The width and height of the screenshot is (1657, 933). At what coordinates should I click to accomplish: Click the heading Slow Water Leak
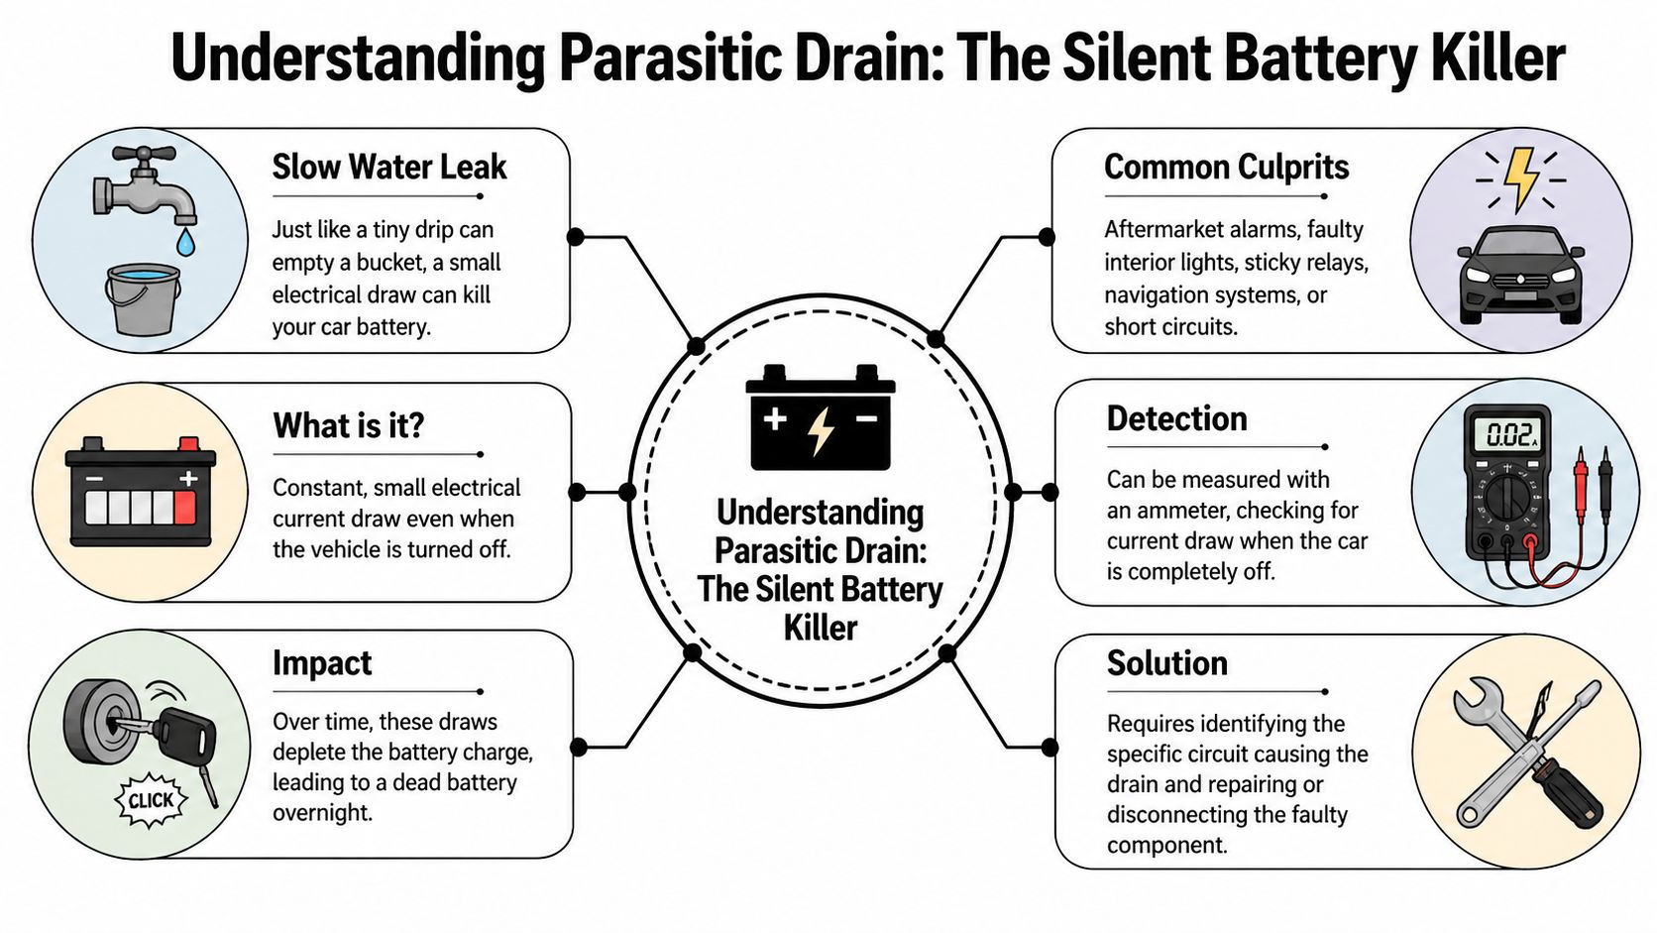coord(388,167)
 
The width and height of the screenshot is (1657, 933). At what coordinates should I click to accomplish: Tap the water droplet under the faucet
coord(186,241)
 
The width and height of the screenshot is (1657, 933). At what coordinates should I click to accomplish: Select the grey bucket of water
coord(144,299)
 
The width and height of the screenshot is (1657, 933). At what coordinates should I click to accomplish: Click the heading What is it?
coord(348,425)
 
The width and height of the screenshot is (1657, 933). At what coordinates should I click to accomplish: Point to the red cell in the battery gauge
coord(184,508)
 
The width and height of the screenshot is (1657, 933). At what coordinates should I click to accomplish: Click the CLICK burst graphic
coord(151,800)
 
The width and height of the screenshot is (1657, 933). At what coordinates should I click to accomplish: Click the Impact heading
coord(322,662)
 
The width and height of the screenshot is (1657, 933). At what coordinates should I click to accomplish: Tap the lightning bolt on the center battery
coord(821,430)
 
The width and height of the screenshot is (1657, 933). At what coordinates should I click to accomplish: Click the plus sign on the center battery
coord(775,418)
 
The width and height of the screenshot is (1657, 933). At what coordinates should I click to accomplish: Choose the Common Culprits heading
coord(1226,167)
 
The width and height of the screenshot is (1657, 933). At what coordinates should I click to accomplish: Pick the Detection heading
coord(1176,418)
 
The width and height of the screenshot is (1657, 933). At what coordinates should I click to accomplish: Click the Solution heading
coord(1166,662)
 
